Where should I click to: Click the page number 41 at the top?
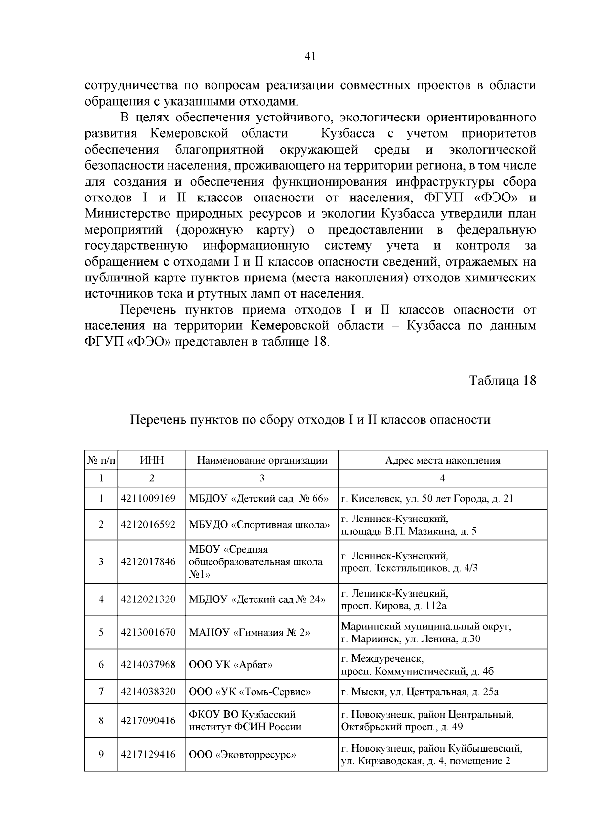[310, 56]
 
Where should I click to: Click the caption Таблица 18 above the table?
[502, 381]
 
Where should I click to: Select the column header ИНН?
[152, 460]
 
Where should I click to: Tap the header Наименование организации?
[262, 460]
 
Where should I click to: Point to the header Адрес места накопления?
[442, 460]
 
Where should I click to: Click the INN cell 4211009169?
[148, 498]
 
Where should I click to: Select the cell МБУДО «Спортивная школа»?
[259, 525]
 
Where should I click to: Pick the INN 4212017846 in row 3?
[148, 561]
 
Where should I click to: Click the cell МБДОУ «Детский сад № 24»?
[257, 599]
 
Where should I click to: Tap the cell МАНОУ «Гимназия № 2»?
[250, 632]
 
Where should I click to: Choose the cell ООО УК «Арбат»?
[231, 664]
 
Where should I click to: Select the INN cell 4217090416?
[148, 720]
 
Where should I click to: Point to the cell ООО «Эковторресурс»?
[243, 754]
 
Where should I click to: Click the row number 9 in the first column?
[101, 754]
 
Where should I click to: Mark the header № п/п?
[101, 460]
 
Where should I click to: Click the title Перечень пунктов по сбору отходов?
[310, 420]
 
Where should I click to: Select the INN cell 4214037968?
[148, 664]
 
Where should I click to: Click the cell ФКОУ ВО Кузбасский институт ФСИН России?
[245, 720]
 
